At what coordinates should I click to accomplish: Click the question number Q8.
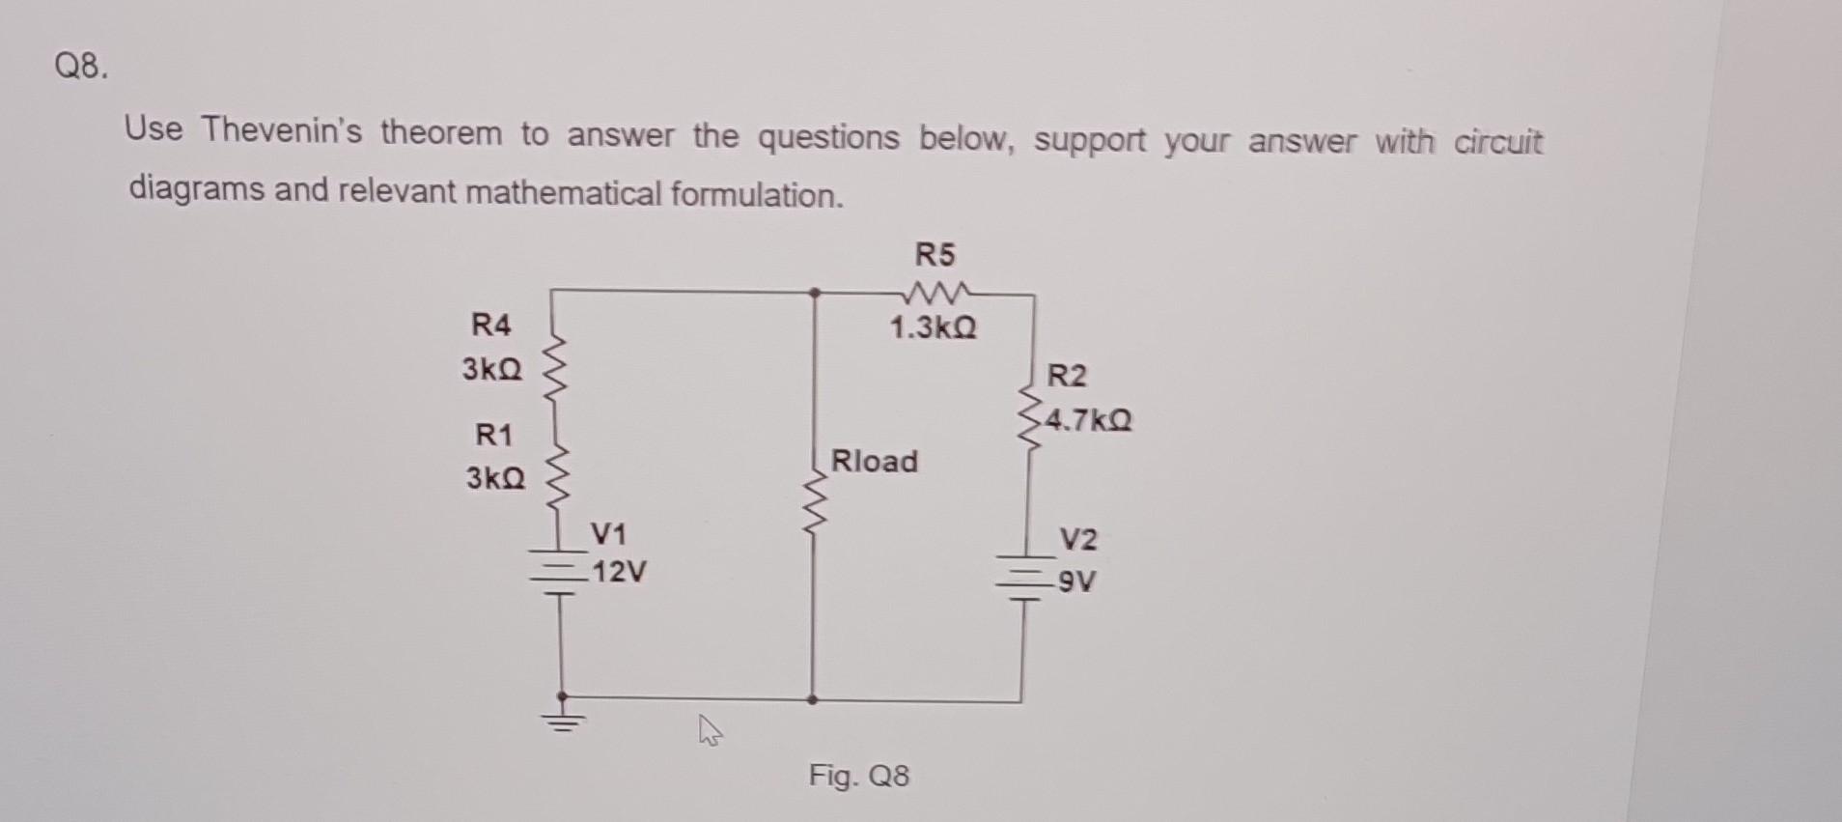point(82,68)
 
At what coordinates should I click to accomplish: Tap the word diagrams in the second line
point(196,187)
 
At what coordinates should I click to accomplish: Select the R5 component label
point(934,255)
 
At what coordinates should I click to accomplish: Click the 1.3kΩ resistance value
point(933,328)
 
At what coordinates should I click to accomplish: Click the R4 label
point(490,325)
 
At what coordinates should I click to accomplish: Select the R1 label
point(493,435)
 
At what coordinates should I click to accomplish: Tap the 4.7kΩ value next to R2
point(1089,421)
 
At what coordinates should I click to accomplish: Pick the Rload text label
point(875,461)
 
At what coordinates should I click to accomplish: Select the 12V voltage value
point(619,573)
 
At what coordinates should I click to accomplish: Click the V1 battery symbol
point(559,572)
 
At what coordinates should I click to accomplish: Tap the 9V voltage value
point(1076,581)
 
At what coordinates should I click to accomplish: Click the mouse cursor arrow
point(709,731)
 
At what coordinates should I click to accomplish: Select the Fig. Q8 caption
point(858,775)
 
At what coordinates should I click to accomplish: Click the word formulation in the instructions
point(756,196)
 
